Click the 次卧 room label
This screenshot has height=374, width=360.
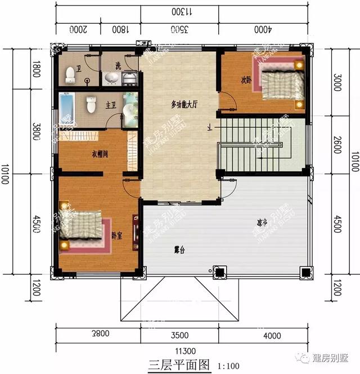(x=245, y=79)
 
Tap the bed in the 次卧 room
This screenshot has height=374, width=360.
(x=280, y=83)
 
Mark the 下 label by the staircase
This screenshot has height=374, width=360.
(x=210, y=128)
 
